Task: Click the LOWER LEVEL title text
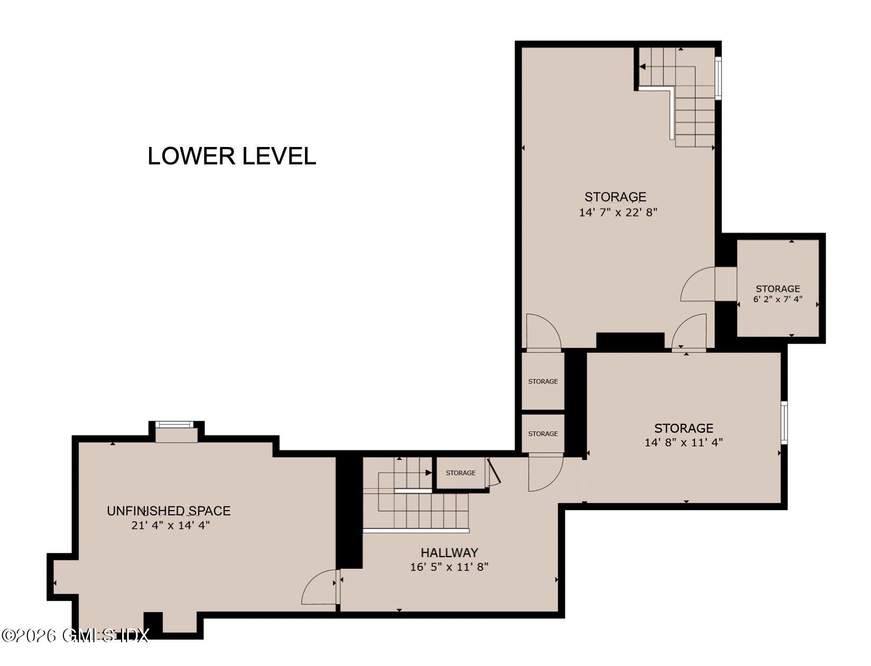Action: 231,156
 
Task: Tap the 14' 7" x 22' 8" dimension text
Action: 618,212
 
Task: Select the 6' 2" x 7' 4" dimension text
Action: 777,299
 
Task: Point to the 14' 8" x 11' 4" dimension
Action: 683,442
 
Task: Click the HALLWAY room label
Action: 449,552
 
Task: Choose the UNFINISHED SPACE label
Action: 169,511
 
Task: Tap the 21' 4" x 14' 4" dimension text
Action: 171,525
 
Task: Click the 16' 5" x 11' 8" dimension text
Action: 449,567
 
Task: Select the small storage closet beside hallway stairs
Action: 460,473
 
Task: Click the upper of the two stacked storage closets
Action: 543,381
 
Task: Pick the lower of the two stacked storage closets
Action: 543,433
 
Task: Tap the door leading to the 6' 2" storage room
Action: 699,284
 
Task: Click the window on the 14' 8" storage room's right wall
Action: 784,422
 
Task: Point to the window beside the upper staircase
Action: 718,78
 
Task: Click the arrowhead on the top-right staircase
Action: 643,67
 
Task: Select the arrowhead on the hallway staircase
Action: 429,473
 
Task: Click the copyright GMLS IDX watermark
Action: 76,635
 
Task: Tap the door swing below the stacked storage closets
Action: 545,473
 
